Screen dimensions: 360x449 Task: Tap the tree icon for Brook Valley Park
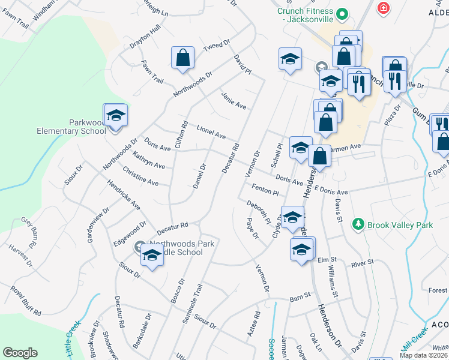coord(358,224)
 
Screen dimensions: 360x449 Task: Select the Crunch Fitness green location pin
coord(342,13)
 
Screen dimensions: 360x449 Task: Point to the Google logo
coord(20,353)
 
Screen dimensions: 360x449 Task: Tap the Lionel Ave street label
coord(211,132)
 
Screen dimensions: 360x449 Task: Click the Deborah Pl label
coord(259,214)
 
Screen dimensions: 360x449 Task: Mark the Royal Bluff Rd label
coord(25,301)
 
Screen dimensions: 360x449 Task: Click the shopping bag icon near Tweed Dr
coord(183,58)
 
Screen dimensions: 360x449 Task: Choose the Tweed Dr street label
coord(217,47)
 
